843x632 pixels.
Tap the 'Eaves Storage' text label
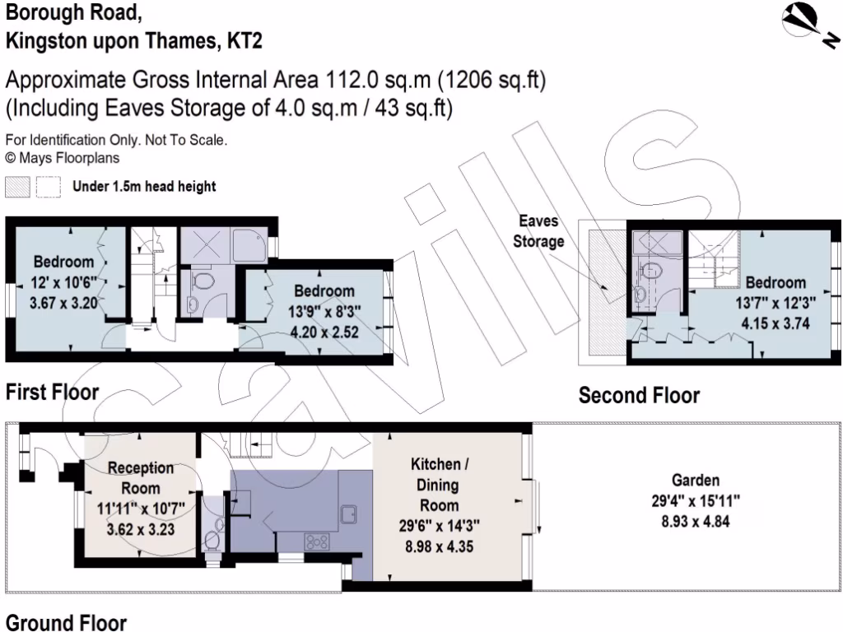(x=538, y=231)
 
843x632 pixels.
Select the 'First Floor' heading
(x=52, y=393)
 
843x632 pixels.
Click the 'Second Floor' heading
(x=639, y=396)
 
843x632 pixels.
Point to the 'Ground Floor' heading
(x=66, y=622)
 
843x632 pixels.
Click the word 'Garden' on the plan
(x=695, y=481)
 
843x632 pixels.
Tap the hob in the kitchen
(x=317, y=541)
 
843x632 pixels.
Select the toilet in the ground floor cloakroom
(x=212, y=539)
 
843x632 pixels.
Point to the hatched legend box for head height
(x=17, y=187)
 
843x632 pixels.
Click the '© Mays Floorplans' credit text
(x=62, y=156)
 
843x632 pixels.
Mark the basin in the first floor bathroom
(x=191, y=304)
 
